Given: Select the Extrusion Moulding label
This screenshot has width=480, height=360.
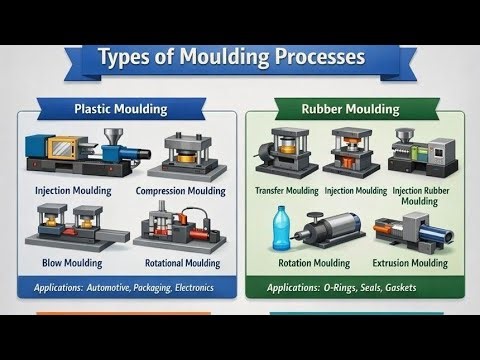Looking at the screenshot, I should [x=409, y=264].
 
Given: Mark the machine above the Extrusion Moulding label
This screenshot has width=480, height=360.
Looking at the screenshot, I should [x=410, y=233].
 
